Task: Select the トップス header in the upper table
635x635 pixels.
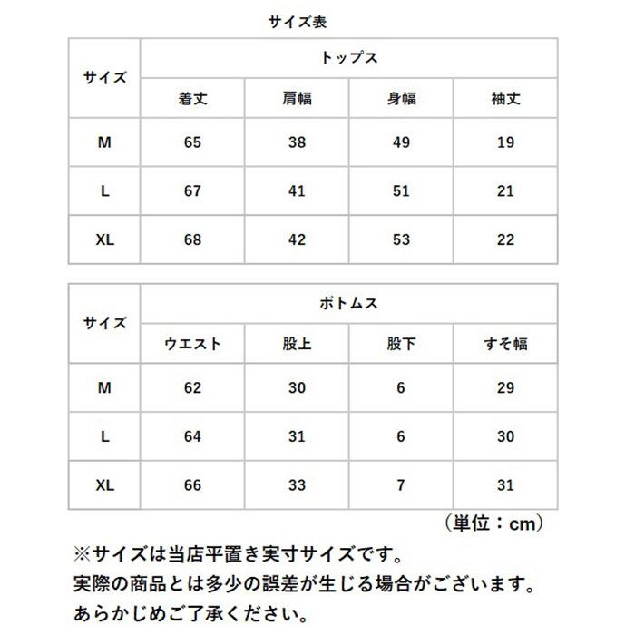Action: point(349,57)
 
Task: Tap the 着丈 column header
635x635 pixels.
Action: point(192,98)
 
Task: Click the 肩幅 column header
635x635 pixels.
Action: point(297,98)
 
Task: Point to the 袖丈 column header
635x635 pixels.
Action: point(505,98)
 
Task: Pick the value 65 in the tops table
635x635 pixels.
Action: point(192,142)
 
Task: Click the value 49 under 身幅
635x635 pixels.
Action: point(401,142)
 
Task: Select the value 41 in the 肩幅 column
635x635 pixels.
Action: point(297,191)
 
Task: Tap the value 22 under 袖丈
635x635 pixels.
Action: point(505,239)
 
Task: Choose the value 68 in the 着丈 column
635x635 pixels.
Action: point(192,239)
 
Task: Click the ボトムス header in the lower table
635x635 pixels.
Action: point(349,303)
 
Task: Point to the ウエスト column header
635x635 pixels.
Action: point(192,345)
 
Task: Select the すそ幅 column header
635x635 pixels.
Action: point(505,345)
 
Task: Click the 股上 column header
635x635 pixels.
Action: point(297,345)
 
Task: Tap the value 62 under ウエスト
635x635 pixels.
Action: point(192,388)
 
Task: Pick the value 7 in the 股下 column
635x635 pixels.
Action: point(401,485)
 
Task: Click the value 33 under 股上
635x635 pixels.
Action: point(297,485)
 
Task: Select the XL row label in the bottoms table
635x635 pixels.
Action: point(105,485)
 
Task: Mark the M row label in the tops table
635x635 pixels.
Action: point(105,142)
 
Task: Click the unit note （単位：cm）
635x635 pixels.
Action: point(494,523)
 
